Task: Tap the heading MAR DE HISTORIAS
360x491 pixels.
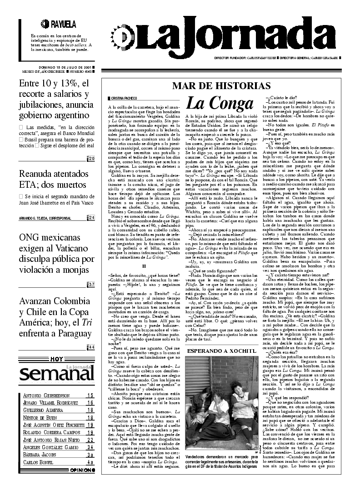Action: tap(221, 86)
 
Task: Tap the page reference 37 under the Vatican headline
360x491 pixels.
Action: tap(91, 285)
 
